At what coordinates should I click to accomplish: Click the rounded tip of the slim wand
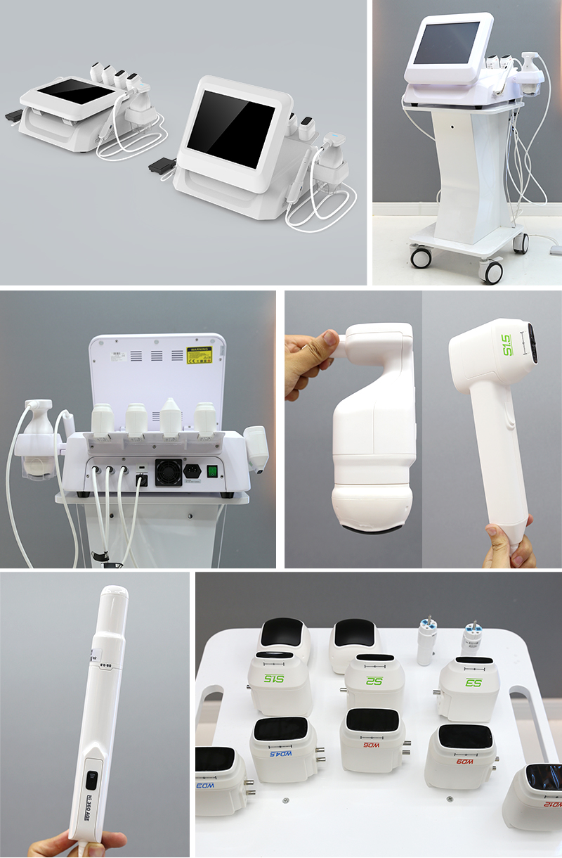(113, 594)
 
